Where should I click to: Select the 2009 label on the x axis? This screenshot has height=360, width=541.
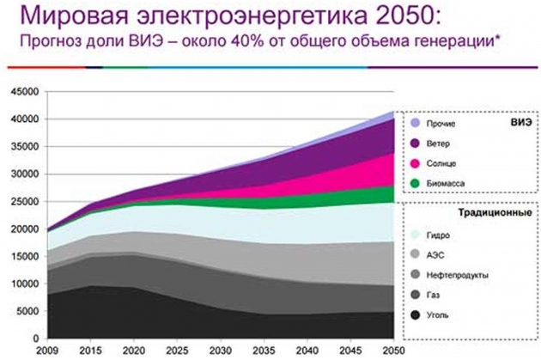coord(46,351)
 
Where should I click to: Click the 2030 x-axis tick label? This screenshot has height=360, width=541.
coord(220,351)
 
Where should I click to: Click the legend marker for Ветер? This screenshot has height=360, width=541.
coord(415,143)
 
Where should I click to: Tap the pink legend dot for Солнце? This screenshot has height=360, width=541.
coord(415,162)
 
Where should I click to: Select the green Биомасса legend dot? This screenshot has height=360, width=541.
coord(415,183)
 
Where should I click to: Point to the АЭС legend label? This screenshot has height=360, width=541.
coord(435,254)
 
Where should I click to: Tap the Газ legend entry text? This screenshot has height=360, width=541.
coord(433,295)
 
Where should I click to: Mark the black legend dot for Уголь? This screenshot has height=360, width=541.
coord(415,314)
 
